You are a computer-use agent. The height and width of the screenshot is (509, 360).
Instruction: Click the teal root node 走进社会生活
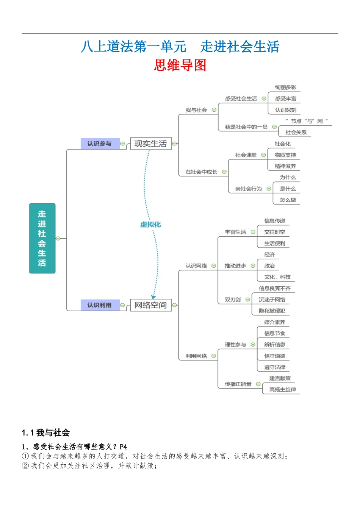[42, 238]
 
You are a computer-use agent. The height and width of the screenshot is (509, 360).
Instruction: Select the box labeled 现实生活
[150, 144]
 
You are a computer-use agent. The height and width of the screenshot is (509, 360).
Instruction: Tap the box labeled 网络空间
[150, 305]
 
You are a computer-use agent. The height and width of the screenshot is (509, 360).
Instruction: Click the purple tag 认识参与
[100, 144]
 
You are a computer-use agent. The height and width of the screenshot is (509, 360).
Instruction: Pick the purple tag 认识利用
[100, 305]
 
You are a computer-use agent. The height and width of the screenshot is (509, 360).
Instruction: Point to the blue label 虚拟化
[150, 225]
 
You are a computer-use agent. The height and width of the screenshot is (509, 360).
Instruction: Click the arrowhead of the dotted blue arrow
[153, 297]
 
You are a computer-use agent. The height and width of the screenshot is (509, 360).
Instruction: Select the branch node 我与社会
[196, 110]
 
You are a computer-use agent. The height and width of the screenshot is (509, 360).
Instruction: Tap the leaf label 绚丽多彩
[286, 87]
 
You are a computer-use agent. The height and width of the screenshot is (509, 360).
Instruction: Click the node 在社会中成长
[201, 172]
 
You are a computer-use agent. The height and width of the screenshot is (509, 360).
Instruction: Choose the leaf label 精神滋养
[285, 166]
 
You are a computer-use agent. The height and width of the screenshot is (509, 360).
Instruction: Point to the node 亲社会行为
[248, 189]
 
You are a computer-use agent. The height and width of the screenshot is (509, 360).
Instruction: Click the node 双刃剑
[233, 300]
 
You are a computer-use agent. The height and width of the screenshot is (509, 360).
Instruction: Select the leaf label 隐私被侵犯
[272, 311]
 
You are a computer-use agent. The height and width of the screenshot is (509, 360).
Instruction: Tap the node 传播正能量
[238, 384]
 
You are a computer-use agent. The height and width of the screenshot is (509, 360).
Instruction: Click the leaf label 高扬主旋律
[283, 390]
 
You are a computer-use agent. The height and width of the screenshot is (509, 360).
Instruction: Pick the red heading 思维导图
[180, 65]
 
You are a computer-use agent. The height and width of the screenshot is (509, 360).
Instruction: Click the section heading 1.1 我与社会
[46, 432]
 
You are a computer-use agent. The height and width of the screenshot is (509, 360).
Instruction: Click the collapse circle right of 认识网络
[214, 266]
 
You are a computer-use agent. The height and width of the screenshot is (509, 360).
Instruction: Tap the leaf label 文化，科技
[277, 277]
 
